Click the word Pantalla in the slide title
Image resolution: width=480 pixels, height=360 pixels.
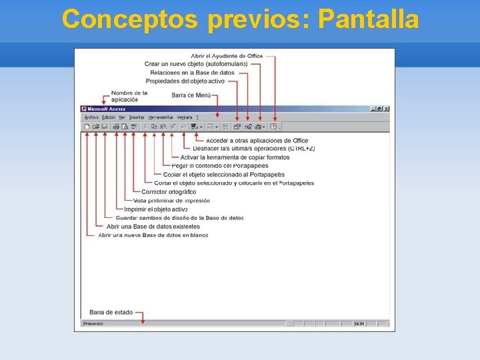click(x=369, y=19)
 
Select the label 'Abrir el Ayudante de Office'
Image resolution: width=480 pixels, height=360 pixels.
click(x=227, y=56)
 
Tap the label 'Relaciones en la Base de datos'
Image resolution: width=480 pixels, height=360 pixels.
click(x=192, y=72)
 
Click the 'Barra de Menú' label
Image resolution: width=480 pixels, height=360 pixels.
click(x=191, y=95)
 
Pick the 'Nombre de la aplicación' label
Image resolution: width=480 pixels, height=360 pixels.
click(x=129, y=96)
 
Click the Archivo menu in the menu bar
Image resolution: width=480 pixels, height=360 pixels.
click(x=91, y=117)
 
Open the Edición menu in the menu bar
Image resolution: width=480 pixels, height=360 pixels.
click(x=108, y=117)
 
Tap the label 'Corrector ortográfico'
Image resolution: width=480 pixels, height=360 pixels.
click(x=169, y=192)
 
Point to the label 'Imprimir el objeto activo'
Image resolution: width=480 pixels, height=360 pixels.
click(x=156, y=209)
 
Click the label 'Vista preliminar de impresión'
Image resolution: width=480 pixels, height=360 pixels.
click(x=171, y=201)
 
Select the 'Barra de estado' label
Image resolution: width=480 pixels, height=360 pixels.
click(x=111, y=312)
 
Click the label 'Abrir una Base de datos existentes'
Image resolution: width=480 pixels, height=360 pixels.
click(x=153, y=227)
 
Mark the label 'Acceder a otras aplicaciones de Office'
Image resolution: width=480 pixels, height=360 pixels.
click(x=257, y=141)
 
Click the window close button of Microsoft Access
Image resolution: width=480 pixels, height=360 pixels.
click(x=387, y=109)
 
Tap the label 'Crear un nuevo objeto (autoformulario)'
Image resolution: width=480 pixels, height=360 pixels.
click(x=195, y=64)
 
